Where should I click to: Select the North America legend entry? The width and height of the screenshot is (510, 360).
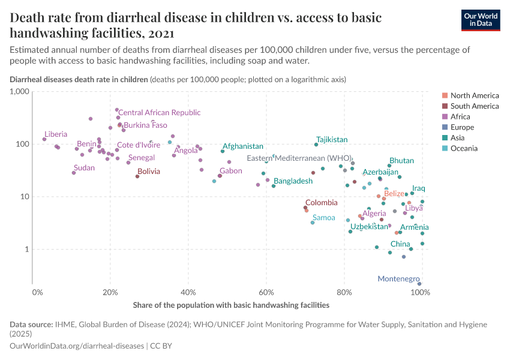[x=474, y=95]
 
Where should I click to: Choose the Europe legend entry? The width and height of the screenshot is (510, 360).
[x=466, y=127]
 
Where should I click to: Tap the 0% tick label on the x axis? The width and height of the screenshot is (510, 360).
[x=37, y=292]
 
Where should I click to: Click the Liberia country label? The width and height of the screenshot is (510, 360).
[x=56, y=134]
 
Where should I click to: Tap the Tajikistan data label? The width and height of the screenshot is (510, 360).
[x=332, y=139]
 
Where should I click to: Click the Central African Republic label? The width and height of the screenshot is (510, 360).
[x=160, y=112]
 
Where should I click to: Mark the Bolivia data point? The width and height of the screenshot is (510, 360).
[x=137, y=176]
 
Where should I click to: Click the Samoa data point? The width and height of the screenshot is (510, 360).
[x=313, y=223]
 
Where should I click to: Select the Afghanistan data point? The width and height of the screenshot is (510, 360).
[x=223, y=151]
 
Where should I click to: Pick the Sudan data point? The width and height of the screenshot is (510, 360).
[x=74, y=173]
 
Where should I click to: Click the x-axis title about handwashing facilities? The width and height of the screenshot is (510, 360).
[x=231, y=305]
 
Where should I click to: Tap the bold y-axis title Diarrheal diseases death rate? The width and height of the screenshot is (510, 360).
[x=79, y=79]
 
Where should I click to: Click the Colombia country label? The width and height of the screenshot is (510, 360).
[x=325, y=203]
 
